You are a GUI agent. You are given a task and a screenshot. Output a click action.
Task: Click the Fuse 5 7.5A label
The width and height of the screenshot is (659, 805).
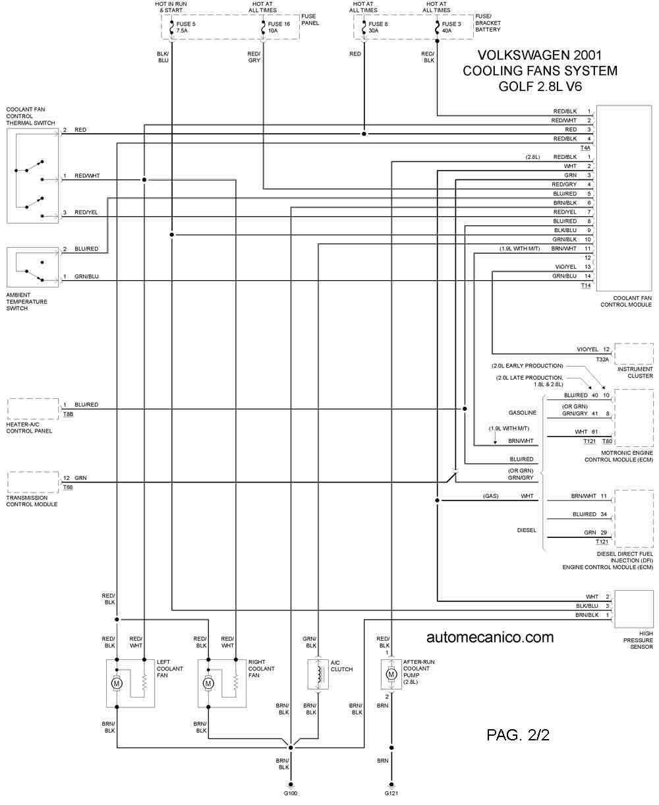point(185,27)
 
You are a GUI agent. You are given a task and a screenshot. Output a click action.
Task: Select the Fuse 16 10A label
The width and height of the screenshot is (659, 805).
point(279,27)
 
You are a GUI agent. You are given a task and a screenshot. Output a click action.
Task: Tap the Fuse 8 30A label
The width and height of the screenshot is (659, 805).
point(378,27)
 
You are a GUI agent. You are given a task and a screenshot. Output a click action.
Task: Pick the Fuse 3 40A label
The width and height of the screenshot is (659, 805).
point(451,27)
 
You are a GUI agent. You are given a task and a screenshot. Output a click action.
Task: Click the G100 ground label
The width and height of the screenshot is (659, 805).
point(291,793)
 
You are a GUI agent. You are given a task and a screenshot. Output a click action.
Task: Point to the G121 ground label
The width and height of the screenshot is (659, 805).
point(391,793)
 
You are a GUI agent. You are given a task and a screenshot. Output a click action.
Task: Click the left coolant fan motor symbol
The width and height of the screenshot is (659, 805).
point(117,683)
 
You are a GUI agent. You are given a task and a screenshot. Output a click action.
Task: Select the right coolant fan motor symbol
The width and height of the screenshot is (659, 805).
point(208,683)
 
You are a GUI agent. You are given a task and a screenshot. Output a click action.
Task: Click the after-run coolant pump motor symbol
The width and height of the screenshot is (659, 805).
point(391,674)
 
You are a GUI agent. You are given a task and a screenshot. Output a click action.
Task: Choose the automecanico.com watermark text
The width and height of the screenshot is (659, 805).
point(490,638)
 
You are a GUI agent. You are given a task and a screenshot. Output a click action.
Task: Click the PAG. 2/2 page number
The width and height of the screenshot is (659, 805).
point(518,734)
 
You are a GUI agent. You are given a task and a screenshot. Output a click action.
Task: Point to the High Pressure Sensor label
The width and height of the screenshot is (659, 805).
point(638,640)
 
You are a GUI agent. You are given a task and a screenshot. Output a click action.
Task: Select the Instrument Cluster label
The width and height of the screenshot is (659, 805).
point(635,373)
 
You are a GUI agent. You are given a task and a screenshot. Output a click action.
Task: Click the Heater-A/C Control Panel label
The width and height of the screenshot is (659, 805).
point(29,427)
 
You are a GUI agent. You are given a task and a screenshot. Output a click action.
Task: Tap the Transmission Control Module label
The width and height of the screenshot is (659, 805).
point(32,501)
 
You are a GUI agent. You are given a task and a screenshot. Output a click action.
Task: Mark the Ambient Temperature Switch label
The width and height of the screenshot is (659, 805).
point(27,301)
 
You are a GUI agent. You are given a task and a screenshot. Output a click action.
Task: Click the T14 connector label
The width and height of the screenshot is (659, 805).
point(586,285)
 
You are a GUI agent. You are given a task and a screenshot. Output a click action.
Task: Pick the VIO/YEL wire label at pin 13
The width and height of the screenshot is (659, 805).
point(565,267)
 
